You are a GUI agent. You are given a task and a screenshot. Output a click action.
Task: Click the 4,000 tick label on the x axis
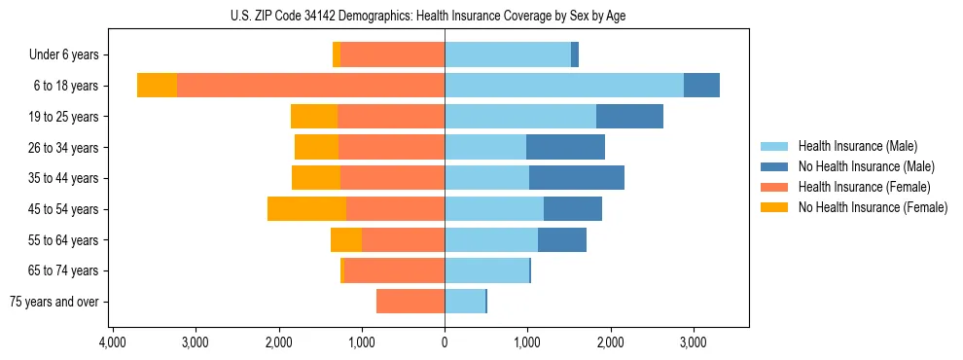click(x=113, y=342)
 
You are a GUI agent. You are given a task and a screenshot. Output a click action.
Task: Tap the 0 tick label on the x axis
click(x=445, y=342)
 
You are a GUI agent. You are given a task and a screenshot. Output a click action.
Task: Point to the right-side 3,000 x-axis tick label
click(x=693, y=342)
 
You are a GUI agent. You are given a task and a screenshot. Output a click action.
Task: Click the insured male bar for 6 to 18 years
click(x=564, y=86)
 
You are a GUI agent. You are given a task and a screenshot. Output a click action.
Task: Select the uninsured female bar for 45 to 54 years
click(x=306, y=209)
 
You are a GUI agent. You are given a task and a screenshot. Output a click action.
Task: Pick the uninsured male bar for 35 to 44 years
click(x=577, y=178)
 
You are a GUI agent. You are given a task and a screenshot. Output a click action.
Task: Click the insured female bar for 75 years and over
click(x=410, y=302)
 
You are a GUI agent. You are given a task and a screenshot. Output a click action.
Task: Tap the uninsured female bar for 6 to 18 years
click(x=157, y=86)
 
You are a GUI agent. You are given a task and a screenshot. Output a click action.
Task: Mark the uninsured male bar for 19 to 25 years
click(x=629, y=117)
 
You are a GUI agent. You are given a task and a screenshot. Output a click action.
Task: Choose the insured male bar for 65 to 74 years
click(x=486, y=270)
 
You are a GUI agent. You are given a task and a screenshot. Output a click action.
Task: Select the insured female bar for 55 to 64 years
click(x=403, y=240)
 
